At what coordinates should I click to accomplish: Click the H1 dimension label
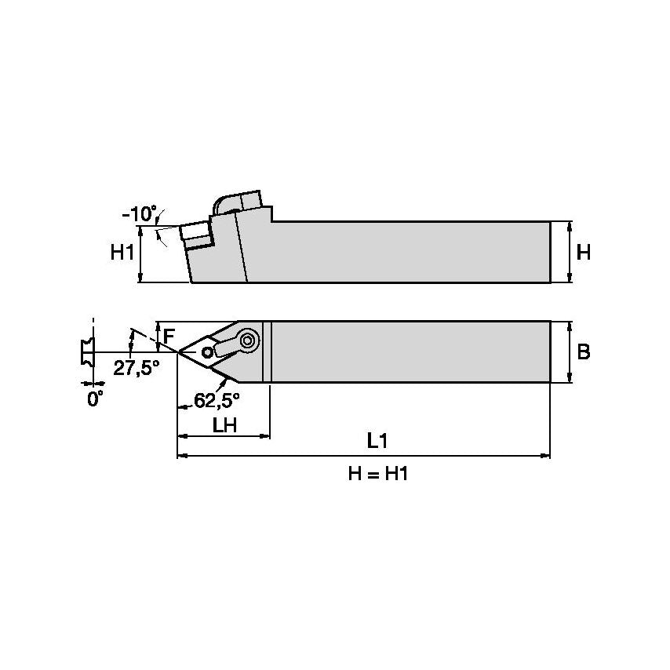(121, 252)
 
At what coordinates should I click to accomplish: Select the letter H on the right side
(583, 253)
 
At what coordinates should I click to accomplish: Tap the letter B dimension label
(583, 352)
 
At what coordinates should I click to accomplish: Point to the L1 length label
(378, 441)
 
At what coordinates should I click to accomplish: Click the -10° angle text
(139, 213)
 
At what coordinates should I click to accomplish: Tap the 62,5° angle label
(217, 399)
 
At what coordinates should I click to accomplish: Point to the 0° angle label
(94, 399)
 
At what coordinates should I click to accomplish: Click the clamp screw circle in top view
(249, 340)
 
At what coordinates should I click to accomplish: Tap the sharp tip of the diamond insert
(180, 351)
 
